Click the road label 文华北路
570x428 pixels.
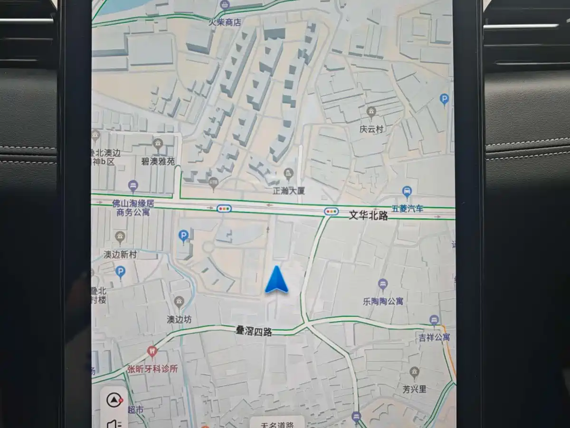368,215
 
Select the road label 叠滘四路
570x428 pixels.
254,331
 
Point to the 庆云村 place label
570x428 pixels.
371,129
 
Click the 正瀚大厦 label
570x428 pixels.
288,191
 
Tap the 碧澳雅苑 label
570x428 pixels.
158,161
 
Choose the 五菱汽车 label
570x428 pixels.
407,208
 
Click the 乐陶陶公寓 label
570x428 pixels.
383,301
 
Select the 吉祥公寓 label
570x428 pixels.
434,337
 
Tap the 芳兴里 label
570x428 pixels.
414,389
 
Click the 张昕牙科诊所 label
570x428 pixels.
152,369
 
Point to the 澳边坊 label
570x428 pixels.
179,320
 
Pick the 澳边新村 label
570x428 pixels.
120,254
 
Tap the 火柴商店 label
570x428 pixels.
225,22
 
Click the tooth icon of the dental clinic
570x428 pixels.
152,352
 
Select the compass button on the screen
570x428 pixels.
114,400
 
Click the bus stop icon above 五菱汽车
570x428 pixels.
407,192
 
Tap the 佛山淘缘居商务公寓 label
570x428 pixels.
133,207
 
